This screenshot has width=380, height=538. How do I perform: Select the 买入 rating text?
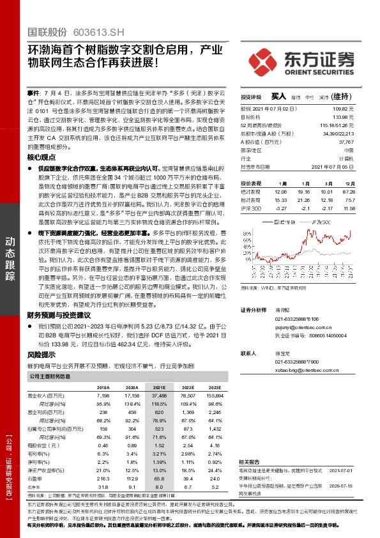[x=278, y=96]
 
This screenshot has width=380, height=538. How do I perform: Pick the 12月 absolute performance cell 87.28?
[x=349, y=191]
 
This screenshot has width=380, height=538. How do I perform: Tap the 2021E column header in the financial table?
[x=159, y=388]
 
